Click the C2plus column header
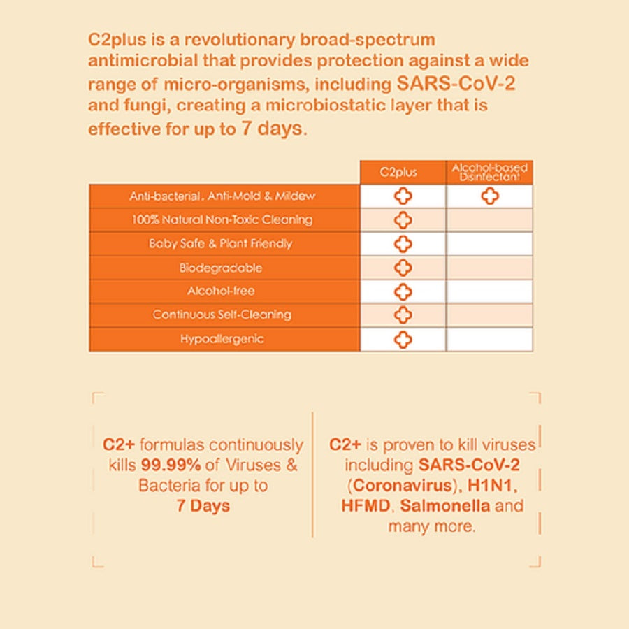[403, 172]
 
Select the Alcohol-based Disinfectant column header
[489, 172]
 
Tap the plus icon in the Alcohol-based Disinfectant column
[489, 196]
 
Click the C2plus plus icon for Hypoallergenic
[403, 340]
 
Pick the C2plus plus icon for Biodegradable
[403, 268]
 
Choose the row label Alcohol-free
[221, 291]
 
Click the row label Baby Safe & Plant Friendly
[220, 244]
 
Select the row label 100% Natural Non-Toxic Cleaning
[222, 219]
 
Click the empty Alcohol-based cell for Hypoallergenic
[489, 340]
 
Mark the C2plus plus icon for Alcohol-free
[403, 291]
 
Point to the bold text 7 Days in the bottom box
[203, 505]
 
